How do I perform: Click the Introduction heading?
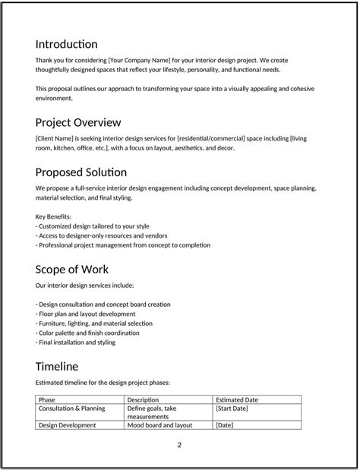(66, 44)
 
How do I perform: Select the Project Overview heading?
(78, 122)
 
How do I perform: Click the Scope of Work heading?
(72, 269)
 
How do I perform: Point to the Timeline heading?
(56, 366)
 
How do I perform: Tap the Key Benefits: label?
(53, 216)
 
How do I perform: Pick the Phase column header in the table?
(47, 399)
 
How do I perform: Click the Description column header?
(143, 399)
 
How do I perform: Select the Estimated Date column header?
(237, 399)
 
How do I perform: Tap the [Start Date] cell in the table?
(232, 408)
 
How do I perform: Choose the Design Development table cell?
(67, 425)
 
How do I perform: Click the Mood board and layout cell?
(159, 425)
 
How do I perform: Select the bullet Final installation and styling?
(75, 342)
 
